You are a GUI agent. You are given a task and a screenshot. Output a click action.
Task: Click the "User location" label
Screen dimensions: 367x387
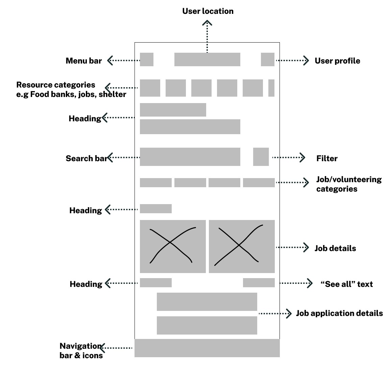pos(208,11)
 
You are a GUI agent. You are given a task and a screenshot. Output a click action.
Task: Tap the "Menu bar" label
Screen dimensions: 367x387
pos(83,61)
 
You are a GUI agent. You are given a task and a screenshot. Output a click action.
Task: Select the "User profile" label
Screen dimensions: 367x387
pos(337,61)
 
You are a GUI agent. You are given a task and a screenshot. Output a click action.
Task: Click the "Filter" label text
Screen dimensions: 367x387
pos(326,158)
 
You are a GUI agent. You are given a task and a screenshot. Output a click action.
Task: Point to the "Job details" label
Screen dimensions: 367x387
pos(335,248)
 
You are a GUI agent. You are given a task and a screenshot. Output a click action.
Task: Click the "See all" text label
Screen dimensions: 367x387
pos(346,284)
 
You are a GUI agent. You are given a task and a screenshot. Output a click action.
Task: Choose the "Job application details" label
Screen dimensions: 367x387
pos(339,313)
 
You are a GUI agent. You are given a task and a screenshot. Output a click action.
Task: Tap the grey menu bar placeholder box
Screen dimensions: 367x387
pos(146,59)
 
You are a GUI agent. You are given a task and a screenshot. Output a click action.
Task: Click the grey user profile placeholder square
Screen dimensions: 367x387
pos(267,59)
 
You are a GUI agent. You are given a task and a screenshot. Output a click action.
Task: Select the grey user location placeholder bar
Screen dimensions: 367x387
pos(207,59)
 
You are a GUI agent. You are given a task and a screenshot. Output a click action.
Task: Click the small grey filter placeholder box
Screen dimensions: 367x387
pos(261,157)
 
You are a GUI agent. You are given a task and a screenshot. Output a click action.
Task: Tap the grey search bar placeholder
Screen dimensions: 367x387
pos(190,157)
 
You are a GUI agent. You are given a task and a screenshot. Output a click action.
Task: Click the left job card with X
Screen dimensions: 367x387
pos(173,246)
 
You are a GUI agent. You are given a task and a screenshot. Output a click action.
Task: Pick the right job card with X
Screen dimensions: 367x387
pos(242,246)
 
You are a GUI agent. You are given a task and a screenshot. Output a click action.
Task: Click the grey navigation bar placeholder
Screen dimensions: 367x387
pos(207,348)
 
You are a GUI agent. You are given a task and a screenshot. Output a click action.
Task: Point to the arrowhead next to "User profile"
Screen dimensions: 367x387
pos(306,60)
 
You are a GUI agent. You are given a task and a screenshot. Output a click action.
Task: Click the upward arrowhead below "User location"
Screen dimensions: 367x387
pos(207,23)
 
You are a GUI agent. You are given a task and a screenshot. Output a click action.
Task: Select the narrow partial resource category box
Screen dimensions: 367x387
pos(271,88)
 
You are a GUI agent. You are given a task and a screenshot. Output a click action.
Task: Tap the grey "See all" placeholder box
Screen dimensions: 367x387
pos(259,283)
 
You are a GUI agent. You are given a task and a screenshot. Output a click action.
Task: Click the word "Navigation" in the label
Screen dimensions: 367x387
pos(80,346)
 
